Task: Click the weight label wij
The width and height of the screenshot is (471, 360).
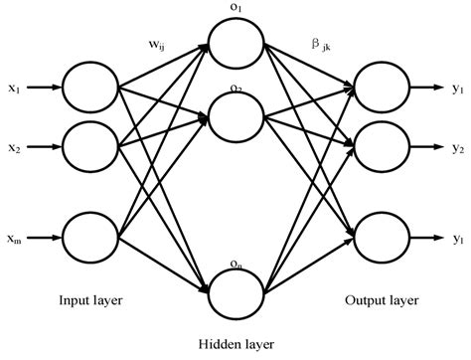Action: [x=157, y=44]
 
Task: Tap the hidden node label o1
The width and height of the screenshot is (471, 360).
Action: [x=235, y=9]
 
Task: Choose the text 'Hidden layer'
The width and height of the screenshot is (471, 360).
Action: [x=235, y=342]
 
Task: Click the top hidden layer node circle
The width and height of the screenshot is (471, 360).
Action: [x=235, y=44]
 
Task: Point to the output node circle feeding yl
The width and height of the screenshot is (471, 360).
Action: [x=383, y=239]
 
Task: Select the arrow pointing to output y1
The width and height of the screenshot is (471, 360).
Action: [x=427, y=88]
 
